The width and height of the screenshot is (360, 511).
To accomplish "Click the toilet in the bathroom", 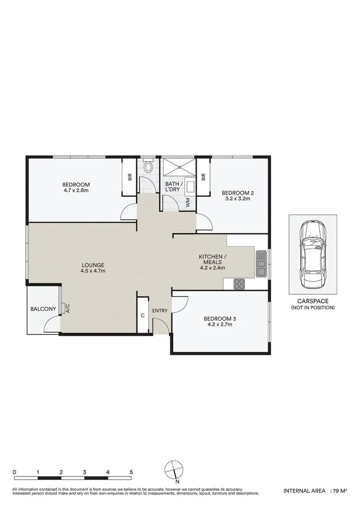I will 149,167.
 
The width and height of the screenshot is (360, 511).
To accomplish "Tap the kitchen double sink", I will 261,264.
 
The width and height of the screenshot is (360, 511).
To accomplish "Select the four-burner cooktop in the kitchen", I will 239,284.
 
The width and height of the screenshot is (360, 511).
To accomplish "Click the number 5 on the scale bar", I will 132,472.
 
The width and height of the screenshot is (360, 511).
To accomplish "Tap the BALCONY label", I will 43,309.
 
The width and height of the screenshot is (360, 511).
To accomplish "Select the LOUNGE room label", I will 92,265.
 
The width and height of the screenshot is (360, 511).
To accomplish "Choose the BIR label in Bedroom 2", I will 203,177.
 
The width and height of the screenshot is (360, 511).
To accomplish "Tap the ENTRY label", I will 160,310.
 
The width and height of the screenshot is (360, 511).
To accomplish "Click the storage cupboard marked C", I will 142,316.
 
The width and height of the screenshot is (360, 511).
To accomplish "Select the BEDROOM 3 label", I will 219,318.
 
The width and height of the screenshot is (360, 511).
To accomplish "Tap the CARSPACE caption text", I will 313,301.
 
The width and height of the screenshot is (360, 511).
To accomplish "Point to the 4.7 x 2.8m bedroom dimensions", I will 76,191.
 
